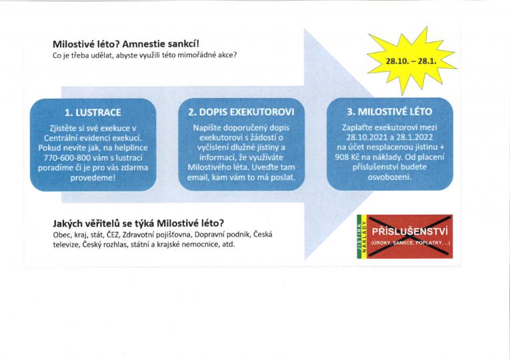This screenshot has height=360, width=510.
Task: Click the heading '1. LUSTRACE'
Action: [x=93, y=113]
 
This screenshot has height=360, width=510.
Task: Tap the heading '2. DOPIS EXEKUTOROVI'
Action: [x=241, y=112]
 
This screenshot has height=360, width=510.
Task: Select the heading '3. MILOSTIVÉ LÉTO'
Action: [x=389, y=112]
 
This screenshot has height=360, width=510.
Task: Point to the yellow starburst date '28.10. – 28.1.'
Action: [x=411, y=61]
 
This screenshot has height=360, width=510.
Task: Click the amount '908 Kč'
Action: [x=345, y=157]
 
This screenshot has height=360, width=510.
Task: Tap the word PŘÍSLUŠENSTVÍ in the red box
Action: [x=410, y=231]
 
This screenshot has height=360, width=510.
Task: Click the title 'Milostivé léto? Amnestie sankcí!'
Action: [x=126, y=44]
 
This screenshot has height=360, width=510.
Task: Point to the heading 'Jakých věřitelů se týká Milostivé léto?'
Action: [x=139, y=223]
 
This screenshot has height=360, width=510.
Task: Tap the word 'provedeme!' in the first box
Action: [x=93, y=178]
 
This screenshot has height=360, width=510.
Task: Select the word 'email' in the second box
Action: [x=197, y=177]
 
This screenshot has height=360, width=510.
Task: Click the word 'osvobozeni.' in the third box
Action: [x=389, y=177]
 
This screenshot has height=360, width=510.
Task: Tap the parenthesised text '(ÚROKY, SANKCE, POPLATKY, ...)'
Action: [x=410, y=243]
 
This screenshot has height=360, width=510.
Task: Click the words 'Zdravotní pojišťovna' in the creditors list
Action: [x=157, y=235]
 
